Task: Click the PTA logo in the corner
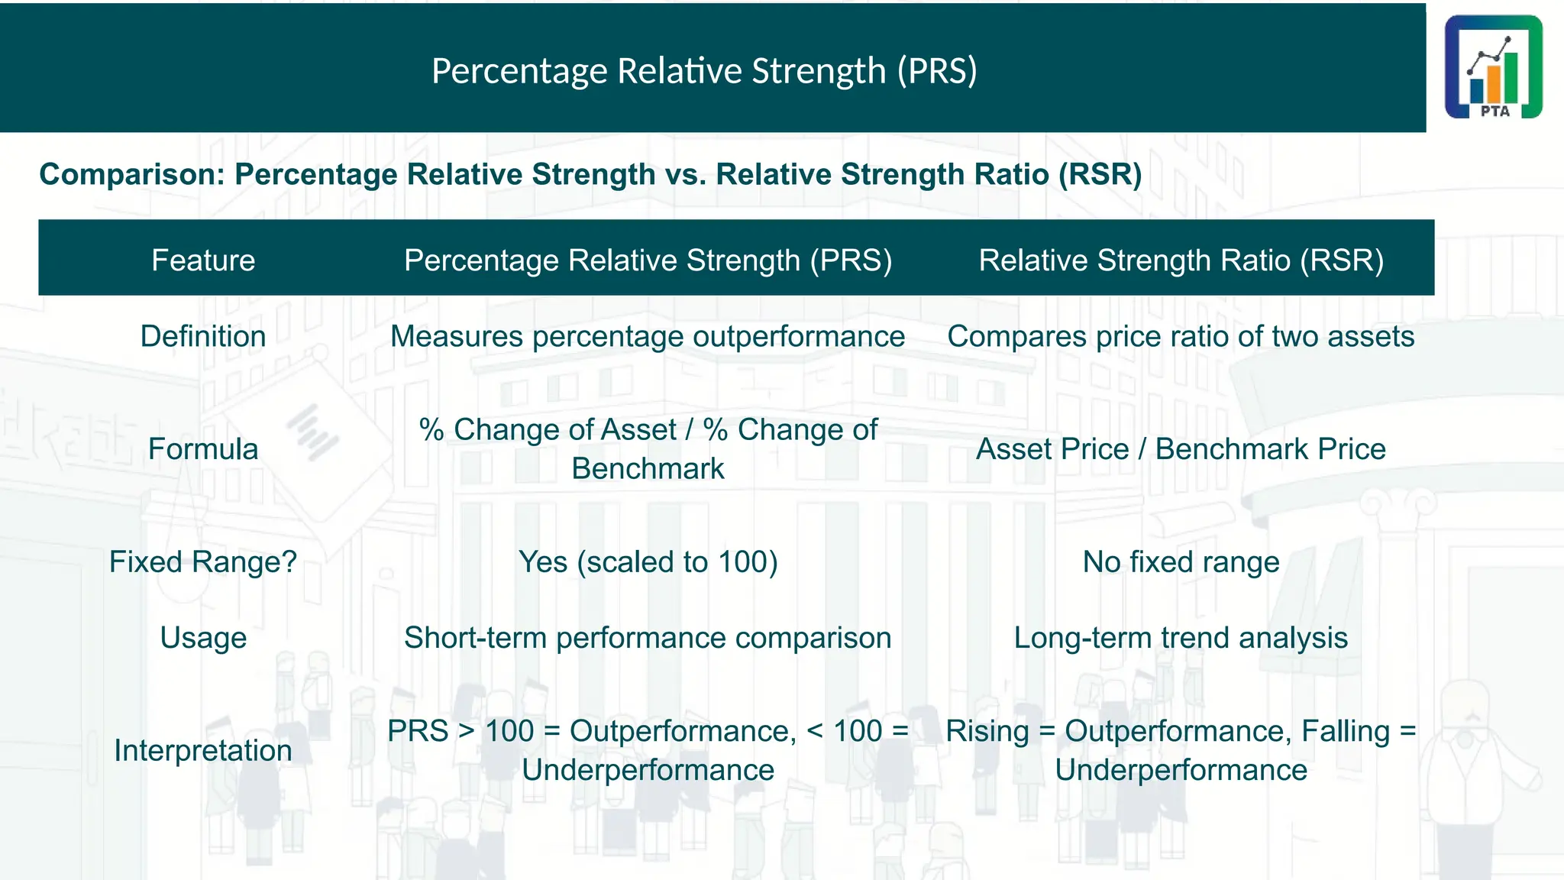[x=1493, y=67]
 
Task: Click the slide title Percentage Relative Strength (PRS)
[x=704, y=71]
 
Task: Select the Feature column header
[x=203, y=260]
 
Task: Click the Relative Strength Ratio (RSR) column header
[x=1181, y=260]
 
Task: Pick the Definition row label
[x=203, y=337]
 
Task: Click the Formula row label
[x=203, y=449]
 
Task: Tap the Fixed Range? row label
[x=203, y=562]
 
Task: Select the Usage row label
[x=203, y=638]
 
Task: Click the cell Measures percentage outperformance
[x=648, y=337]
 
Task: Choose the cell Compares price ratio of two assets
[x=1181, y=337]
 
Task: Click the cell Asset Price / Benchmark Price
[x=1181, y=449]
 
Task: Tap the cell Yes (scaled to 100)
[x=648, y=562]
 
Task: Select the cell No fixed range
[x=1181, y=562]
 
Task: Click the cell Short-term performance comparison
[x=648, y=638]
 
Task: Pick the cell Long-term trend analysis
[x=1181, y=638]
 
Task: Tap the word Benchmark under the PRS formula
[x=648, y=469]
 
